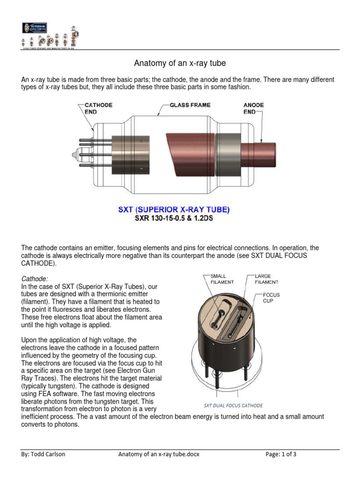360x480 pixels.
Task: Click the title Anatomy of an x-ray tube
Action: click(x=180, y=63)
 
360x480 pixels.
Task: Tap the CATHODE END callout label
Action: click(x=98, y=109)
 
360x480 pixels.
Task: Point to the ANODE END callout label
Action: click(x=254, y=108)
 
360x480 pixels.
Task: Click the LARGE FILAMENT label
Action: click(x=266, y=279)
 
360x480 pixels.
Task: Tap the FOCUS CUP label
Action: click(x=271, y=298)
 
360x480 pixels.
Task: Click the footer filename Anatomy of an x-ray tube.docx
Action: click(x=158, y=454)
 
